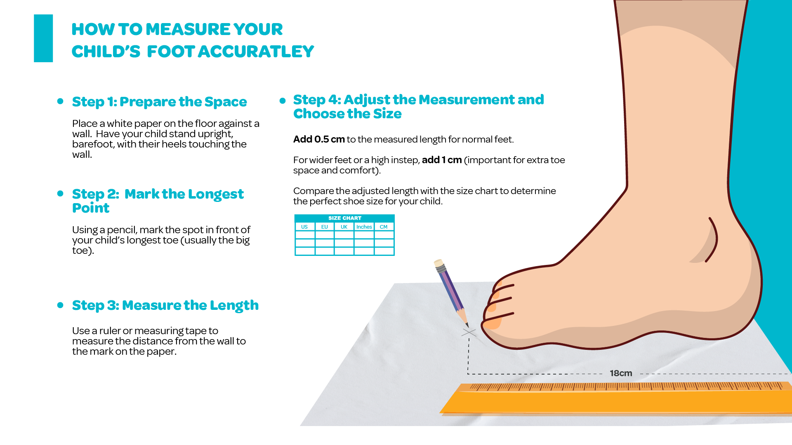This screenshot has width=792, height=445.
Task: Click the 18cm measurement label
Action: point(621,373)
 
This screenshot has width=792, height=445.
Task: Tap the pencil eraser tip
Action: point(438,263)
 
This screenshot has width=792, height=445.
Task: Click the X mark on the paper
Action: point(469,332)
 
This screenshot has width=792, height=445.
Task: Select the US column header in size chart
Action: point(304,227)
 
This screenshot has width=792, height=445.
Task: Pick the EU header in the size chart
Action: point(325,227)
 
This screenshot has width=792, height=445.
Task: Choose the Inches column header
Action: point(364,227)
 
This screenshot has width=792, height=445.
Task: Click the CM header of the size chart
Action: point(384,227)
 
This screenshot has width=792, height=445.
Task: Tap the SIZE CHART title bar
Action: point(344,218)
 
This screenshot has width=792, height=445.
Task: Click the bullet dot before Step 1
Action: point(60,101)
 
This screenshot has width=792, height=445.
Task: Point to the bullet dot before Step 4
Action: point(283,101)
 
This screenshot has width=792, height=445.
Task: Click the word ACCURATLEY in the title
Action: point(256,52)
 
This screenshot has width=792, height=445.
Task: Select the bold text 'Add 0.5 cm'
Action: point(319,139)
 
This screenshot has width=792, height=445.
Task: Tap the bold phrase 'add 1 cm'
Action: point(442,160)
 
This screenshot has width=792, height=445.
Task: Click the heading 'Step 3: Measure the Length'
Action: point(165,305)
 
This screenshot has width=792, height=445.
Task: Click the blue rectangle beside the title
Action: point(43,38)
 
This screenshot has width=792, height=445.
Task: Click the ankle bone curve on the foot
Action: point(713,240)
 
